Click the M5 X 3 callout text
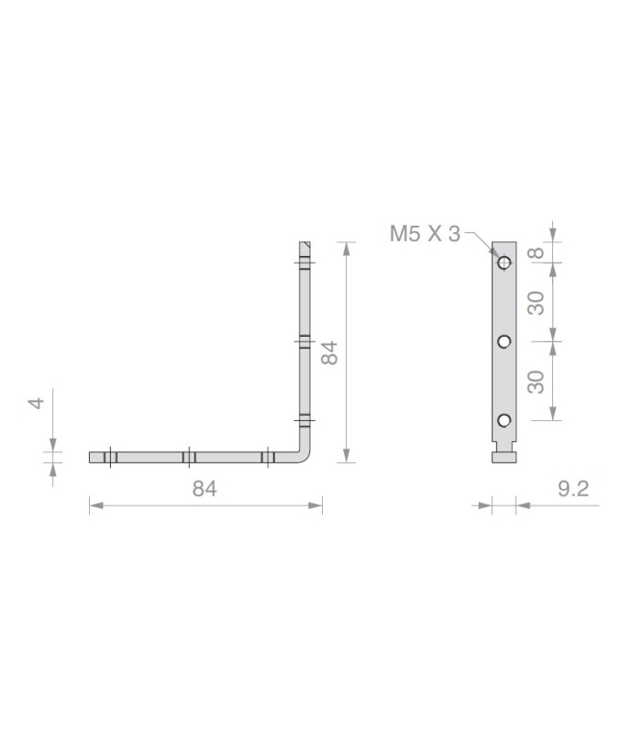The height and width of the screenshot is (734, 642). [425, 234]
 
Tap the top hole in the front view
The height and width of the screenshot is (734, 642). [504, 262]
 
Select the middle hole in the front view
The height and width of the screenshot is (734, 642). [504, 341]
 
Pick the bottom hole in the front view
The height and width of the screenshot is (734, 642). [504, 420]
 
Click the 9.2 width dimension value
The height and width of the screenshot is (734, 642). [573, 489]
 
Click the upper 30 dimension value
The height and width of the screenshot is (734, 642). [537, 303]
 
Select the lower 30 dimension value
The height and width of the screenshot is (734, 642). [537, 382]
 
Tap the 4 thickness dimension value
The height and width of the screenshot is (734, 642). [37, 403]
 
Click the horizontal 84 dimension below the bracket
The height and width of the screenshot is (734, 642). [205, 489]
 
